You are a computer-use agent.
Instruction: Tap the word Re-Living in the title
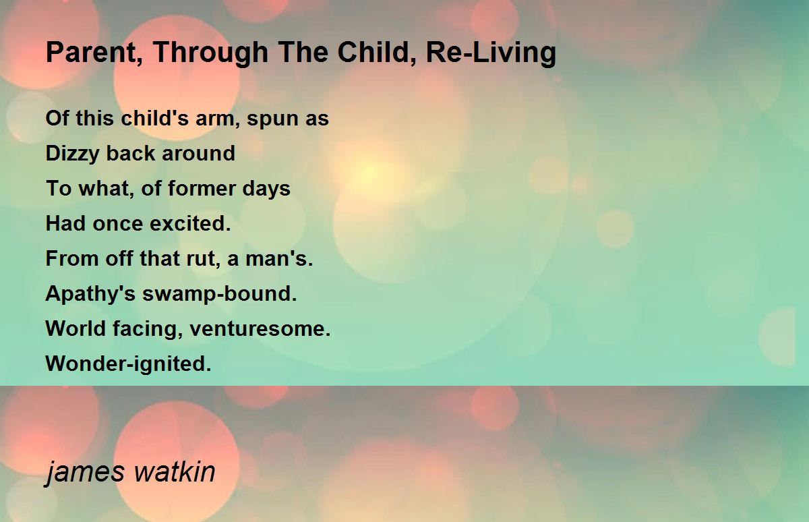491,53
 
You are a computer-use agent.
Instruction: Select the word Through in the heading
210,53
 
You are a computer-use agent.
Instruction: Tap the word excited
190,223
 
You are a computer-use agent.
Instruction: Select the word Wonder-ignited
128,364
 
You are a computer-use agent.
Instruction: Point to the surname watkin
175,471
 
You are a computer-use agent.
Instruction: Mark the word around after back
198,153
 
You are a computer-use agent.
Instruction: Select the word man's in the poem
279,258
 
